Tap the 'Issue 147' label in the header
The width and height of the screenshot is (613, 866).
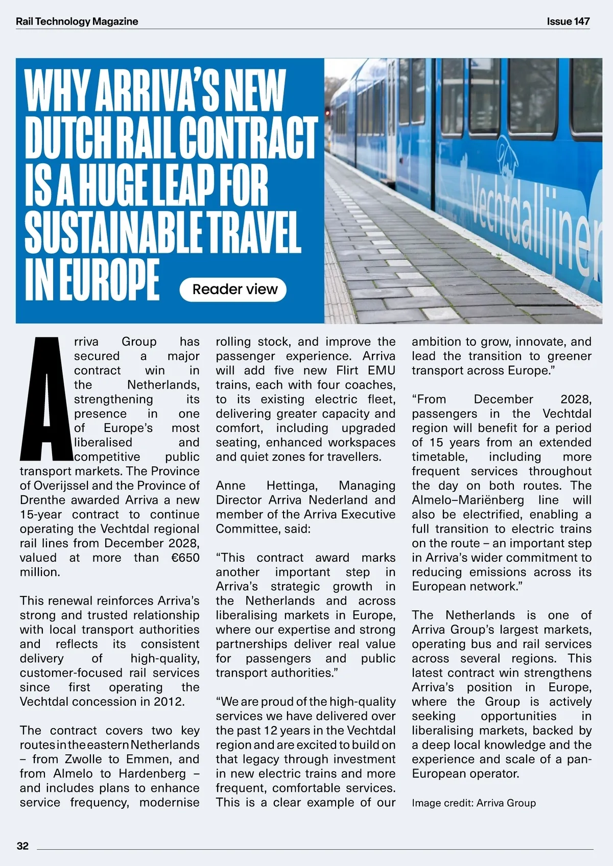click(x=568, y=21)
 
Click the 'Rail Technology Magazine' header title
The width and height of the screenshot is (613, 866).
click(x=77, y=21)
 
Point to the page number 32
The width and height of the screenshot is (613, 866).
click(x=23, y=846)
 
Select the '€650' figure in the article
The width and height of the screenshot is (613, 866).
click(x=185, y=558)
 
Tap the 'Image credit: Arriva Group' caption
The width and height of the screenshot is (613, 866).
click(x=474, y=803)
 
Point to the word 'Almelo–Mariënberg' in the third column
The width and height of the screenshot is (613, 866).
click(x=468, y=500)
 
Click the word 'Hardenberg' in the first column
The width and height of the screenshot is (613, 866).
click(x=152, y=774)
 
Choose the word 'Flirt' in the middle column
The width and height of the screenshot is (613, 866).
click(x=347, y=370)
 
